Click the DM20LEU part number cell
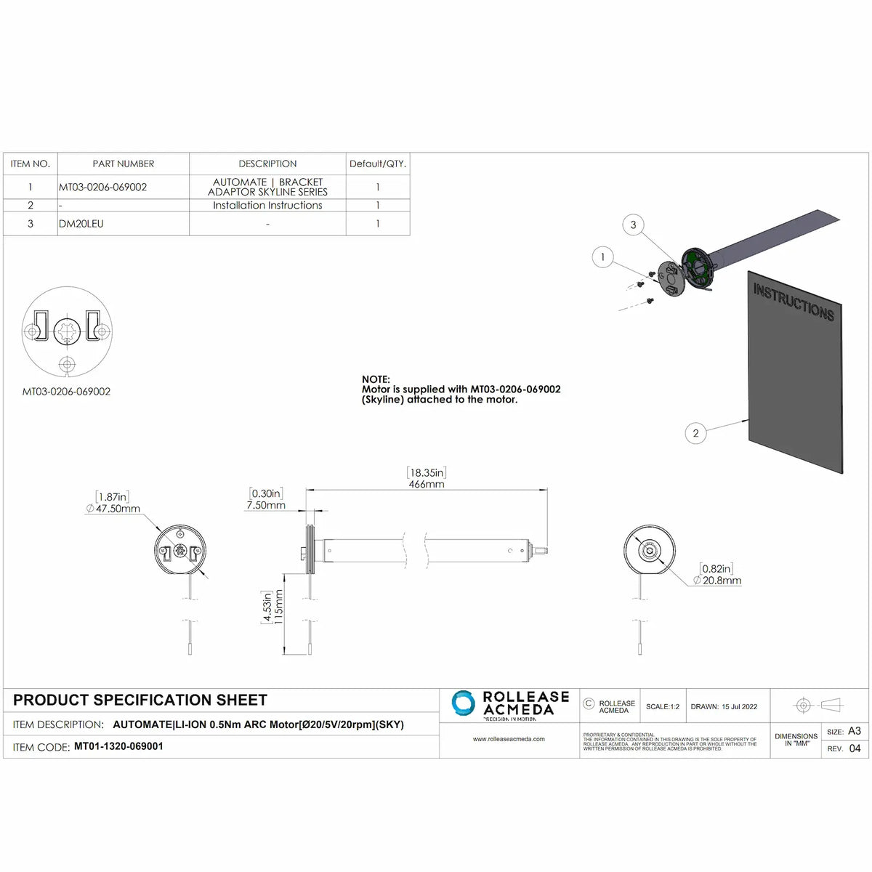point(81,224)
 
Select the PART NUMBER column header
point(124,164)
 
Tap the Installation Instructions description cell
point(267,206)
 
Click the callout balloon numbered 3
point(633,225)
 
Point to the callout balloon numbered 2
point(695,433)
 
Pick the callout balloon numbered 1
point(602,257)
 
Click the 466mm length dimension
point(427,484)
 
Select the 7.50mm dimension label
point(266,505)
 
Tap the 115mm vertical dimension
point(279,607)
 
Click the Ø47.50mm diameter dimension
point(113,509)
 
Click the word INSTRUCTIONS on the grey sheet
point(794,302)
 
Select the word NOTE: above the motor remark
point(376,379)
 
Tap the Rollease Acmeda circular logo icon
point(464,703)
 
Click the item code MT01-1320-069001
point(118,746)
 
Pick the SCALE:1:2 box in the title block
point(662,706)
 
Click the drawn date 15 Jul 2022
point(740,706)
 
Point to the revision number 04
point(855,748)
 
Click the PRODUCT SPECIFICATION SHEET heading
point(140,701)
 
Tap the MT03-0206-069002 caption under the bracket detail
point(66,392)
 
